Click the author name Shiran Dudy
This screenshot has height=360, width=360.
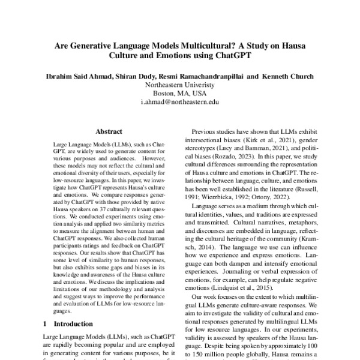pyautogui.click(x=136, y=77)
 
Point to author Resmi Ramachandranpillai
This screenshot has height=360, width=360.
pyautogui.click(x=202, y=77)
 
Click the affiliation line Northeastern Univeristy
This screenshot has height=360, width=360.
pyautogui.click(x=180, y=85)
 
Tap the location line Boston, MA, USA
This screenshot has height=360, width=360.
pyautogui.click(x=180, y=94)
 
